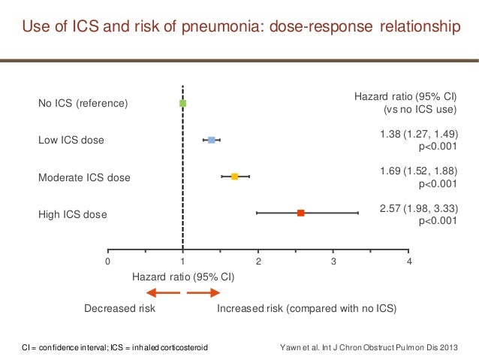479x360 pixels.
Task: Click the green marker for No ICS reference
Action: coord(182,103)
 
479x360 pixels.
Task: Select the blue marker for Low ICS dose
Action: coord(212,141)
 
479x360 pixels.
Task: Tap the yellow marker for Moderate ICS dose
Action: coord(234,177)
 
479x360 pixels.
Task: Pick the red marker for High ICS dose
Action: coord(300,213)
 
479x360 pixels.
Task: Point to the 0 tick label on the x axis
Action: coord(107,262)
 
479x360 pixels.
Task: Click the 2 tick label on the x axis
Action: coord(258,262)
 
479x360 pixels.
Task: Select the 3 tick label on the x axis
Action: coord(334,262)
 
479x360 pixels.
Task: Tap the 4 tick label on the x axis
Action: coord(409,262)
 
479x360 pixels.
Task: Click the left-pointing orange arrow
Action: coord(161,293)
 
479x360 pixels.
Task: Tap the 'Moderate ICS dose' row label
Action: coord(84,178)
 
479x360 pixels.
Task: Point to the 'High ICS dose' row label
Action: coord(73,215)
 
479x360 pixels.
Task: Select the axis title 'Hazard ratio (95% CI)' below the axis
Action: coord(183,277)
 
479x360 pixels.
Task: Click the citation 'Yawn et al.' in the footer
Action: coord(299,348)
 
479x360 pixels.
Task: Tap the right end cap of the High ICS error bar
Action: coord(358,213)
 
